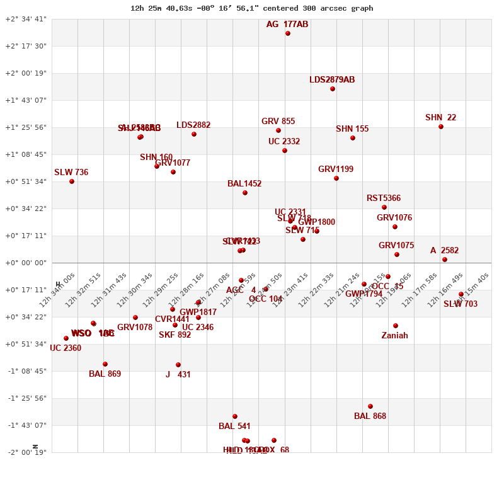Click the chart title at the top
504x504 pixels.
[251, 8]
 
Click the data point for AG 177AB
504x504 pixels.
[288, 33]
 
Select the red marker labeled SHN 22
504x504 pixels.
[441, 127]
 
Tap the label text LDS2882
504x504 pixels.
[193, 125]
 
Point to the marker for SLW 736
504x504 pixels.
[72, 181]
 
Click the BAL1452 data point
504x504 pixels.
[245, 193]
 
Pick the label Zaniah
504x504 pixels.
[394, 336]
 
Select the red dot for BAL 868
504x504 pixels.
[370, 406]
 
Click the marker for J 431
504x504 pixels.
[178, 365]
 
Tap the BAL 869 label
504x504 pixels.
[105, 374]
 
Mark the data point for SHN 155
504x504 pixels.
[353, 138]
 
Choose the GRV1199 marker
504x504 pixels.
[336, 178]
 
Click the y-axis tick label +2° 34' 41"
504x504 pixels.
[26, 19]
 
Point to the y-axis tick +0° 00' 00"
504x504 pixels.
[26, 263]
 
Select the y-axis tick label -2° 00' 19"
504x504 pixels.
[26, 452]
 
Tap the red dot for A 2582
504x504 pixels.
[445, 260]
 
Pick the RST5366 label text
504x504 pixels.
[384, 198]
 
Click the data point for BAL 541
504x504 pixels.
[235, 416]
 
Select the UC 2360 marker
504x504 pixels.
[66, 338]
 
